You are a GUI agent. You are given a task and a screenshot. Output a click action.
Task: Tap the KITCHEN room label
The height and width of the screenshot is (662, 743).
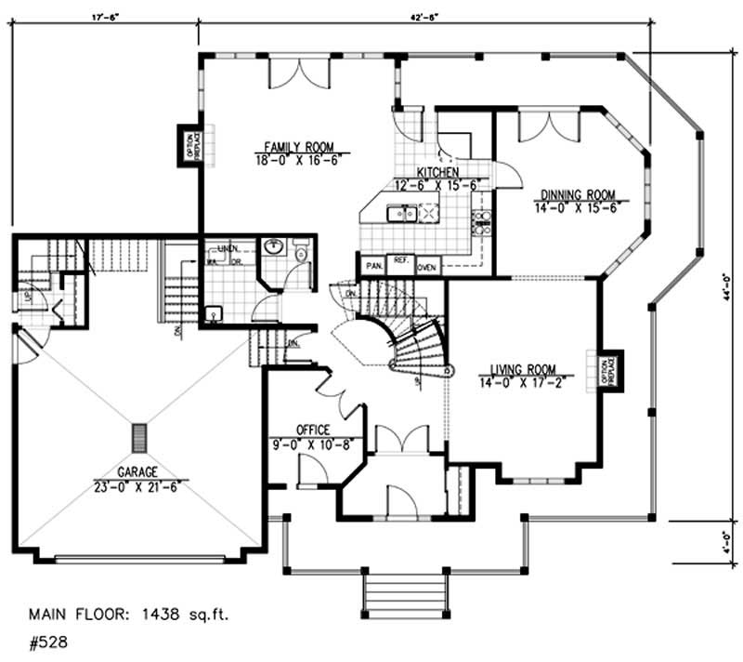coord(435,174)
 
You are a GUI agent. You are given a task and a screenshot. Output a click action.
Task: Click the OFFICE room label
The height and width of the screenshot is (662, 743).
coord(313,430)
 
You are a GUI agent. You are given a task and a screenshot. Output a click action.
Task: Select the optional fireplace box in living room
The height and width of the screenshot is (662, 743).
coord(609,370)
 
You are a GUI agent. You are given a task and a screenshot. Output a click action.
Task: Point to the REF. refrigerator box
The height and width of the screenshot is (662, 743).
coord(401,263)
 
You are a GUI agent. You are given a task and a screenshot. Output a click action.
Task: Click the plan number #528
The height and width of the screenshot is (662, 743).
coord(47,641)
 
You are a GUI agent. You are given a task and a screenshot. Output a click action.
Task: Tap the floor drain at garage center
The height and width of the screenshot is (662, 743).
coord(140,436)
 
